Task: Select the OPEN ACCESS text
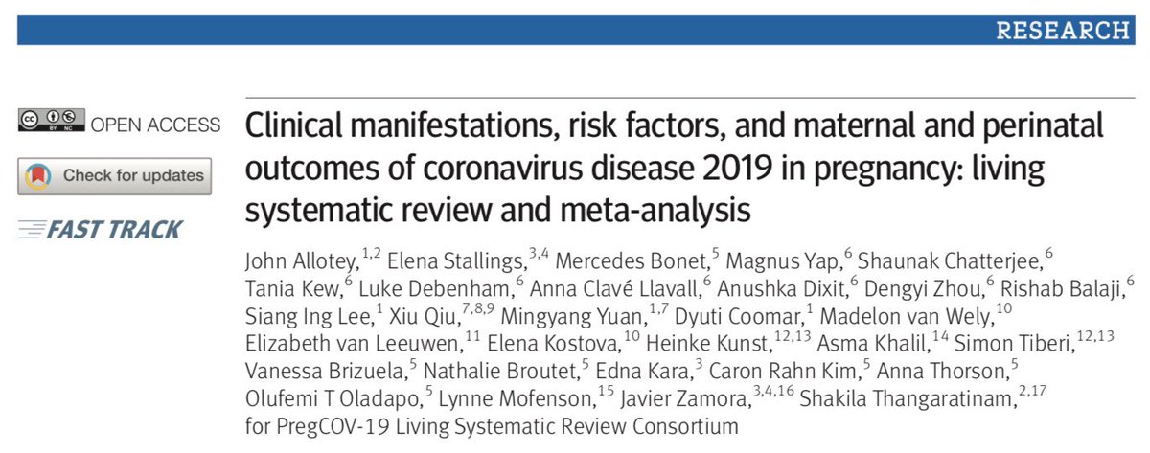coord(155,125)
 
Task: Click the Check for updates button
coord(115,175)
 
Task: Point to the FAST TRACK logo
coord(100,229)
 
